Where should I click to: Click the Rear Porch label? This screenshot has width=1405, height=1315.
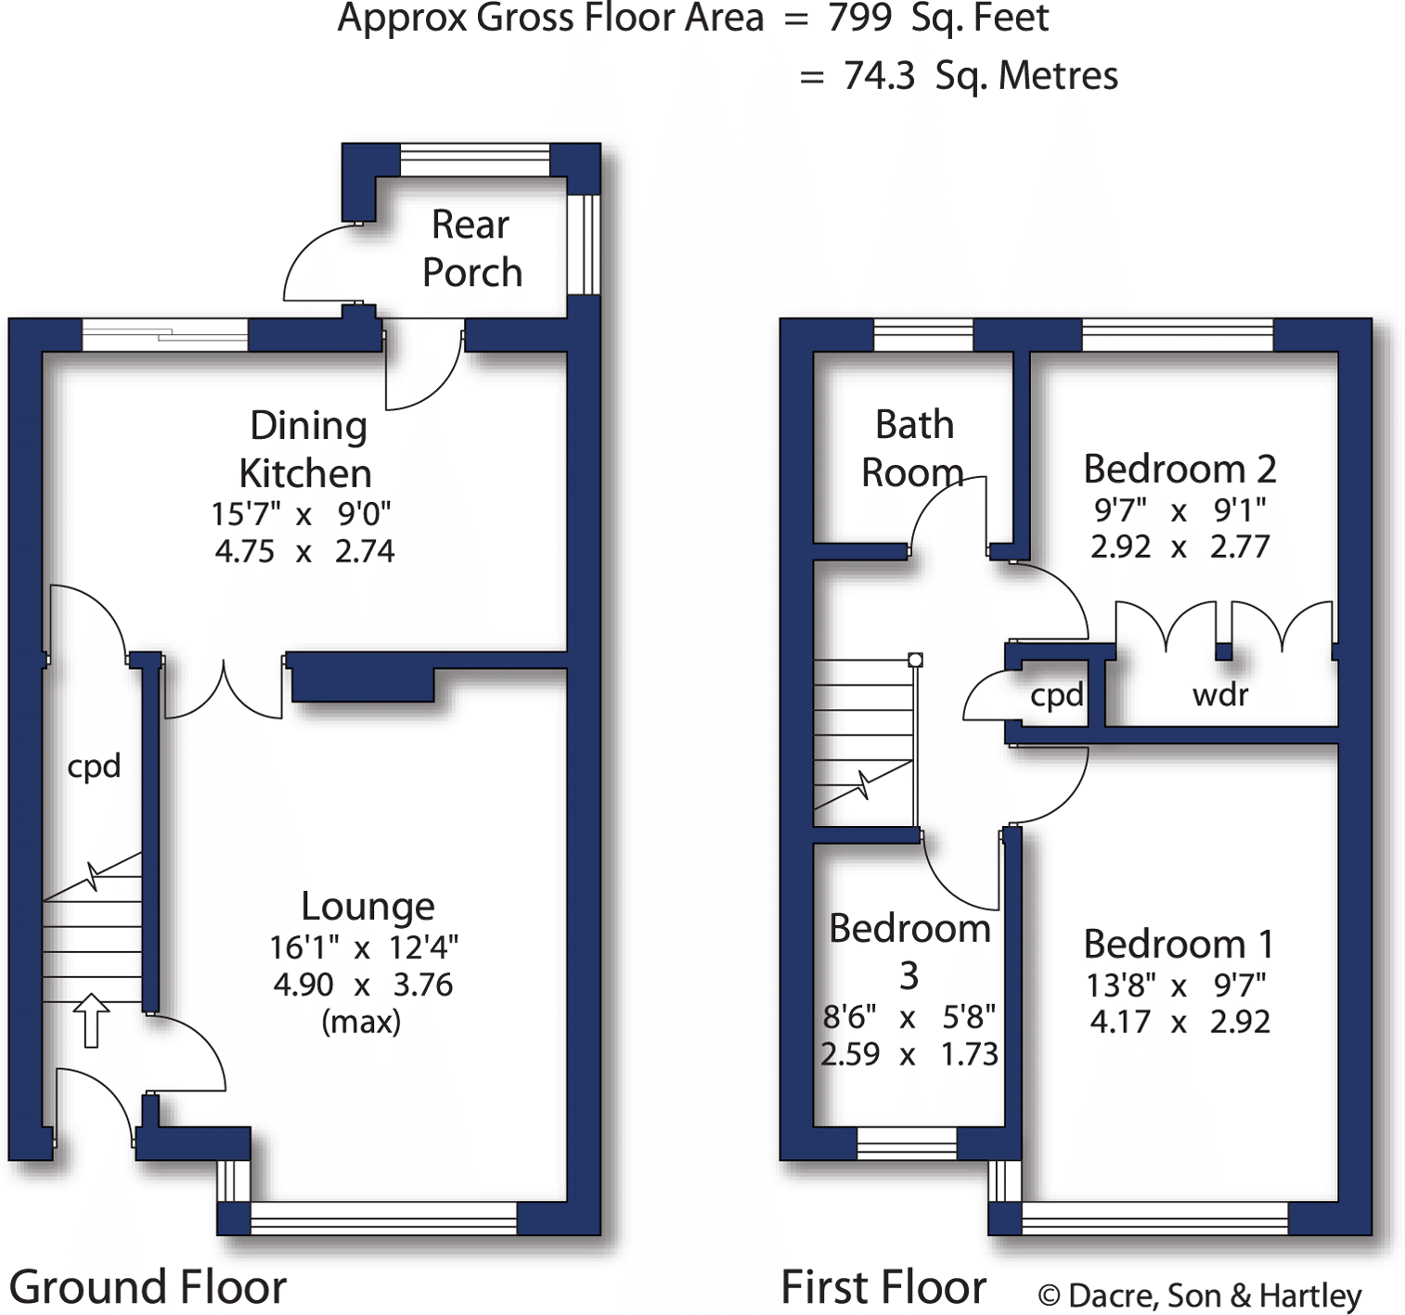pyautogui.click(x=471, y=249)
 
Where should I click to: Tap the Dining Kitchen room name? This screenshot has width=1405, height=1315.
pyautogui.click(x=305, y=449)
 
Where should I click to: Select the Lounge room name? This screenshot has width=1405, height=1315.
pyautogui.click(x=367, y=906)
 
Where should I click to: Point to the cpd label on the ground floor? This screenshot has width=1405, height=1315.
pyautogui.click(x=94, y=767)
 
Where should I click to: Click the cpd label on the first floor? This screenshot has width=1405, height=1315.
pyautogui.click(x=1056, y=695)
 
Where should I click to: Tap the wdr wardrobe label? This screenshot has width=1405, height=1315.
pyautogui.click(x=1219, y=694)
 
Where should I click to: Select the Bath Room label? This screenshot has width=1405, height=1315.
pyautogui.click(x=913, y=448)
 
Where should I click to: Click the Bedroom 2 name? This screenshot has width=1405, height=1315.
pyautogui.click(x=1179, y=469)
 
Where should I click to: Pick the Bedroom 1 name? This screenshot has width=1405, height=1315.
pyautogui.click(x=1179, y=944)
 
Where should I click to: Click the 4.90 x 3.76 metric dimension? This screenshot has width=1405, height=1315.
pyautogui.click(x=363, y=984)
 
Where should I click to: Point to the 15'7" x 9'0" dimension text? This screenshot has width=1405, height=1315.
pyautogui.click(x=301, y=513)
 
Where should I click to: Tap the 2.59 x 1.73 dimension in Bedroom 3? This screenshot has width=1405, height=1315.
pyautogui.click(x=909, y=1054)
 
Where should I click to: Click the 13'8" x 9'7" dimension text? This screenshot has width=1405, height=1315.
pyautogui.click(x=1176, y=985)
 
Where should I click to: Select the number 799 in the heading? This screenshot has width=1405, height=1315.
pyautogui.click(x=859, y=19)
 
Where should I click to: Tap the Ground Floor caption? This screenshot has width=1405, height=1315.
pyautogui.click(x=148, y=1287)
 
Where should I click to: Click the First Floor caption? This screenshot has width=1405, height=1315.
pyautogui.click(x=883, y=1287)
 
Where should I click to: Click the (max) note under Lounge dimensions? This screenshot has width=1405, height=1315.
pyautogui.click(x=361, y=1022)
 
